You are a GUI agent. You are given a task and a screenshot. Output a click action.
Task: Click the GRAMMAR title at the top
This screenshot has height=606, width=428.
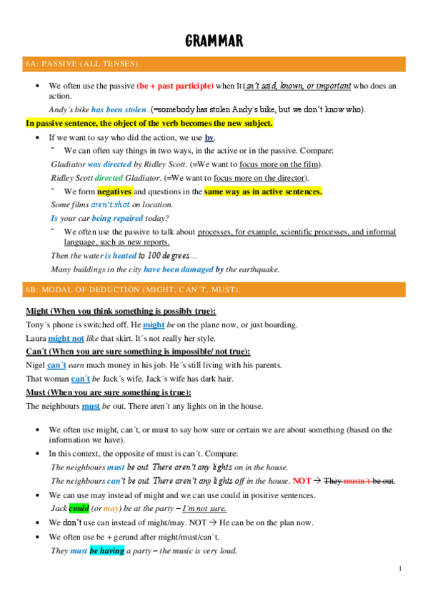(x=214, y=41)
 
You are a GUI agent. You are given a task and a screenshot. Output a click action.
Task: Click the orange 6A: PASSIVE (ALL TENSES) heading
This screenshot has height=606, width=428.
(x=82, y=64)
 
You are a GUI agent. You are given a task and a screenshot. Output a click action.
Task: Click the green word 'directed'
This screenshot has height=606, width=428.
(x=108, y=177)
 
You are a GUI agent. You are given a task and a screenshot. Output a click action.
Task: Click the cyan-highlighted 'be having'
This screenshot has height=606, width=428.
(x=106, y=551)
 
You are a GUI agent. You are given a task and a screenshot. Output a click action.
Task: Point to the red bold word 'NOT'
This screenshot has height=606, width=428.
(x=302, y=481)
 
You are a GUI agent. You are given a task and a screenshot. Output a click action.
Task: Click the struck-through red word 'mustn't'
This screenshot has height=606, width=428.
(x=358, y=481)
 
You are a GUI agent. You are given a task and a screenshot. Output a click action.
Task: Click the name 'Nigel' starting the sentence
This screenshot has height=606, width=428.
(x=36, y=365)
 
